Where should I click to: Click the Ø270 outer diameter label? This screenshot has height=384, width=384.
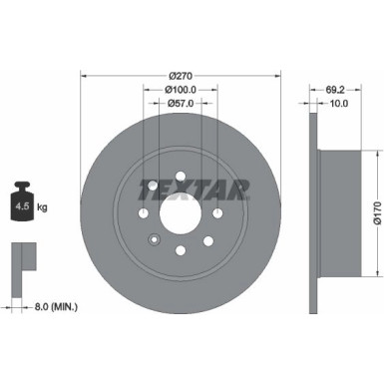tap(181, 75)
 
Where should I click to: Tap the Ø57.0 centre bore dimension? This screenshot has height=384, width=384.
tap(181, 104)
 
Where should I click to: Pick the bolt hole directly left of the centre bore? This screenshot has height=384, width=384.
tap(144, 213)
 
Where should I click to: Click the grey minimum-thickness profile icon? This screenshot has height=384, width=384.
tap(19, 262)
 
